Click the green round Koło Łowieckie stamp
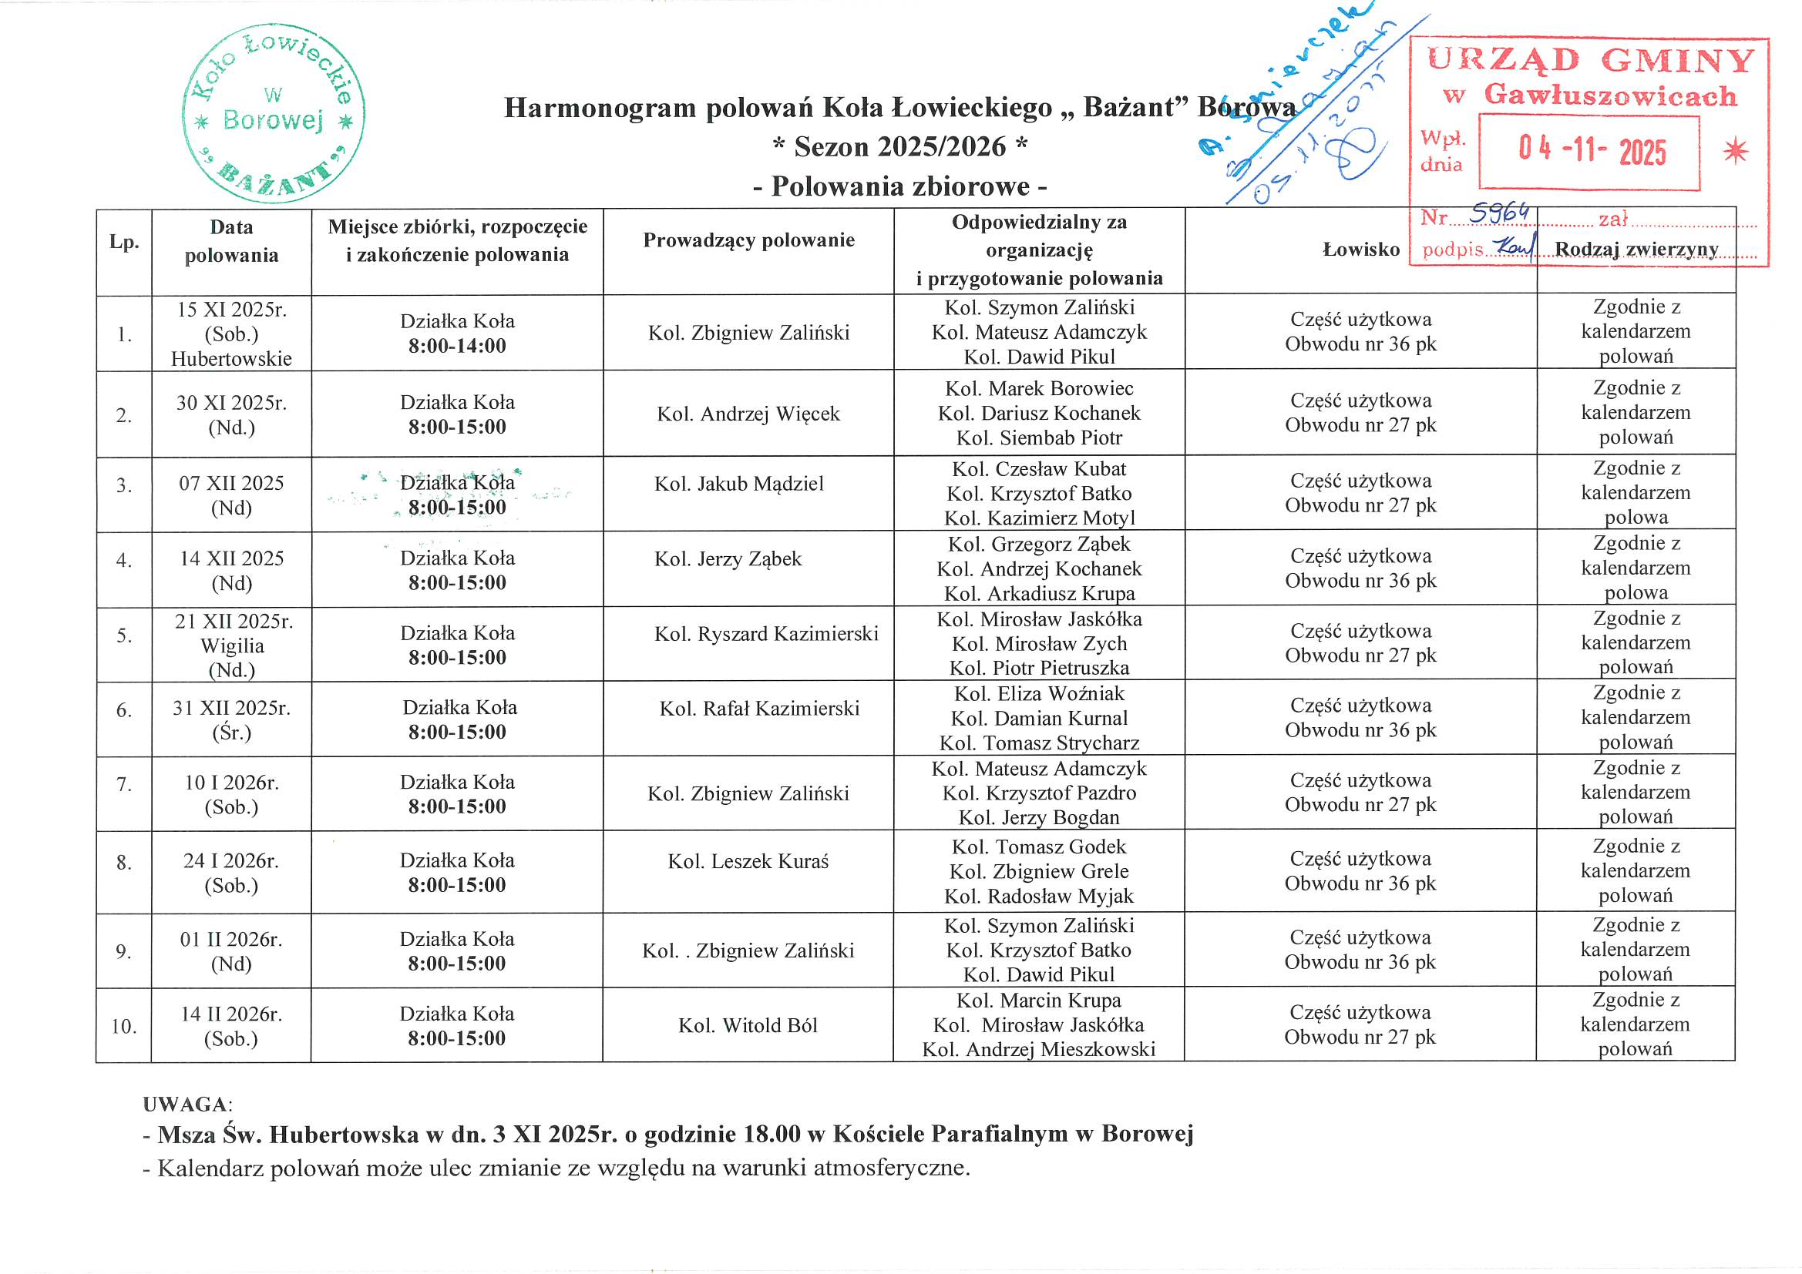tap(273, 114)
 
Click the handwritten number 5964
tap(1500, 213)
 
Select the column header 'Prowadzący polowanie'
tap(748, 240)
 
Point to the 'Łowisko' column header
tap(1361, 250)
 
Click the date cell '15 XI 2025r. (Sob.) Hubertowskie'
tap(231, 334)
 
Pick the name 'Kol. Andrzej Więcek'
tap(748, 414)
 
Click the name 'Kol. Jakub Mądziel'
tap(738, 484)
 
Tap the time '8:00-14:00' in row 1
tap(457, 346)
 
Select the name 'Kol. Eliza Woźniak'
tap(1039, 694)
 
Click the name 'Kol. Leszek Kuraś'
tap(748, 862)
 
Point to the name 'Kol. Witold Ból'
tap(748, 1026)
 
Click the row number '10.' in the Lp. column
tap(124, 1027)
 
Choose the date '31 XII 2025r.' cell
tap(231, 709)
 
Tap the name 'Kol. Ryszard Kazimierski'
tap(766, 634)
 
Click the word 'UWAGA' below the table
tap(185, 1105)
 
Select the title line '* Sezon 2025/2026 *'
tap(899, 146)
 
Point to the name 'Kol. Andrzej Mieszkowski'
tap(1038, 1050)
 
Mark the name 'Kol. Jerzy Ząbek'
tap(728, 559)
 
